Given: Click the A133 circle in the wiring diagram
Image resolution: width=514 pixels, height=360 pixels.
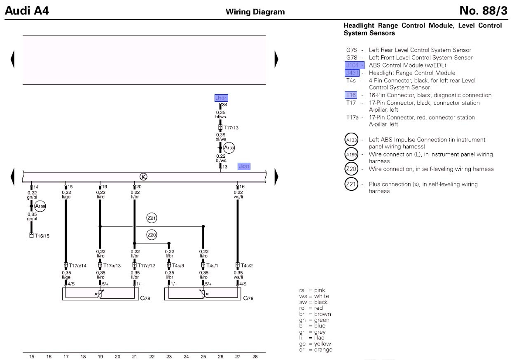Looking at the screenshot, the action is tap(229, 147).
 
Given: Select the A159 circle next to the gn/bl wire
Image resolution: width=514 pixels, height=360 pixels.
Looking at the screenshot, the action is tap(40, 206).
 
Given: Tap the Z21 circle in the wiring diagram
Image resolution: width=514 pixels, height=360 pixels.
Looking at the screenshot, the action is tap(152, 218).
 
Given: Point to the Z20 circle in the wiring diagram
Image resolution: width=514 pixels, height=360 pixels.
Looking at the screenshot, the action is tap(152, 235).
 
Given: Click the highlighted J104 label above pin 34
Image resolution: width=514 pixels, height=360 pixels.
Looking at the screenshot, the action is tap(221, 98).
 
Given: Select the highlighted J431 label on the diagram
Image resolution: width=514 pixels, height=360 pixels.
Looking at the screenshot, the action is tap(244, 166).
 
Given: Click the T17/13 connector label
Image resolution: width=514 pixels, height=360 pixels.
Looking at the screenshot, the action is tap(231, 128).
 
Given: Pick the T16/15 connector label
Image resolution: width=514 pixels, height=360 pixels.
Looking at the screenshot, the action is tap(42, 236).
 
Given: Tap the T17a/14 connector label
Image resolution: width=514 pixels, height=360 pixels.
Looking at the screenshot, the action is tap(77, 265).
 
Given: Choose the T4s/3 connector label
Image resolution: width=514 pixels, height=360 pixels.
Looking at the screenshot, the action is tap(178, 265).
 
